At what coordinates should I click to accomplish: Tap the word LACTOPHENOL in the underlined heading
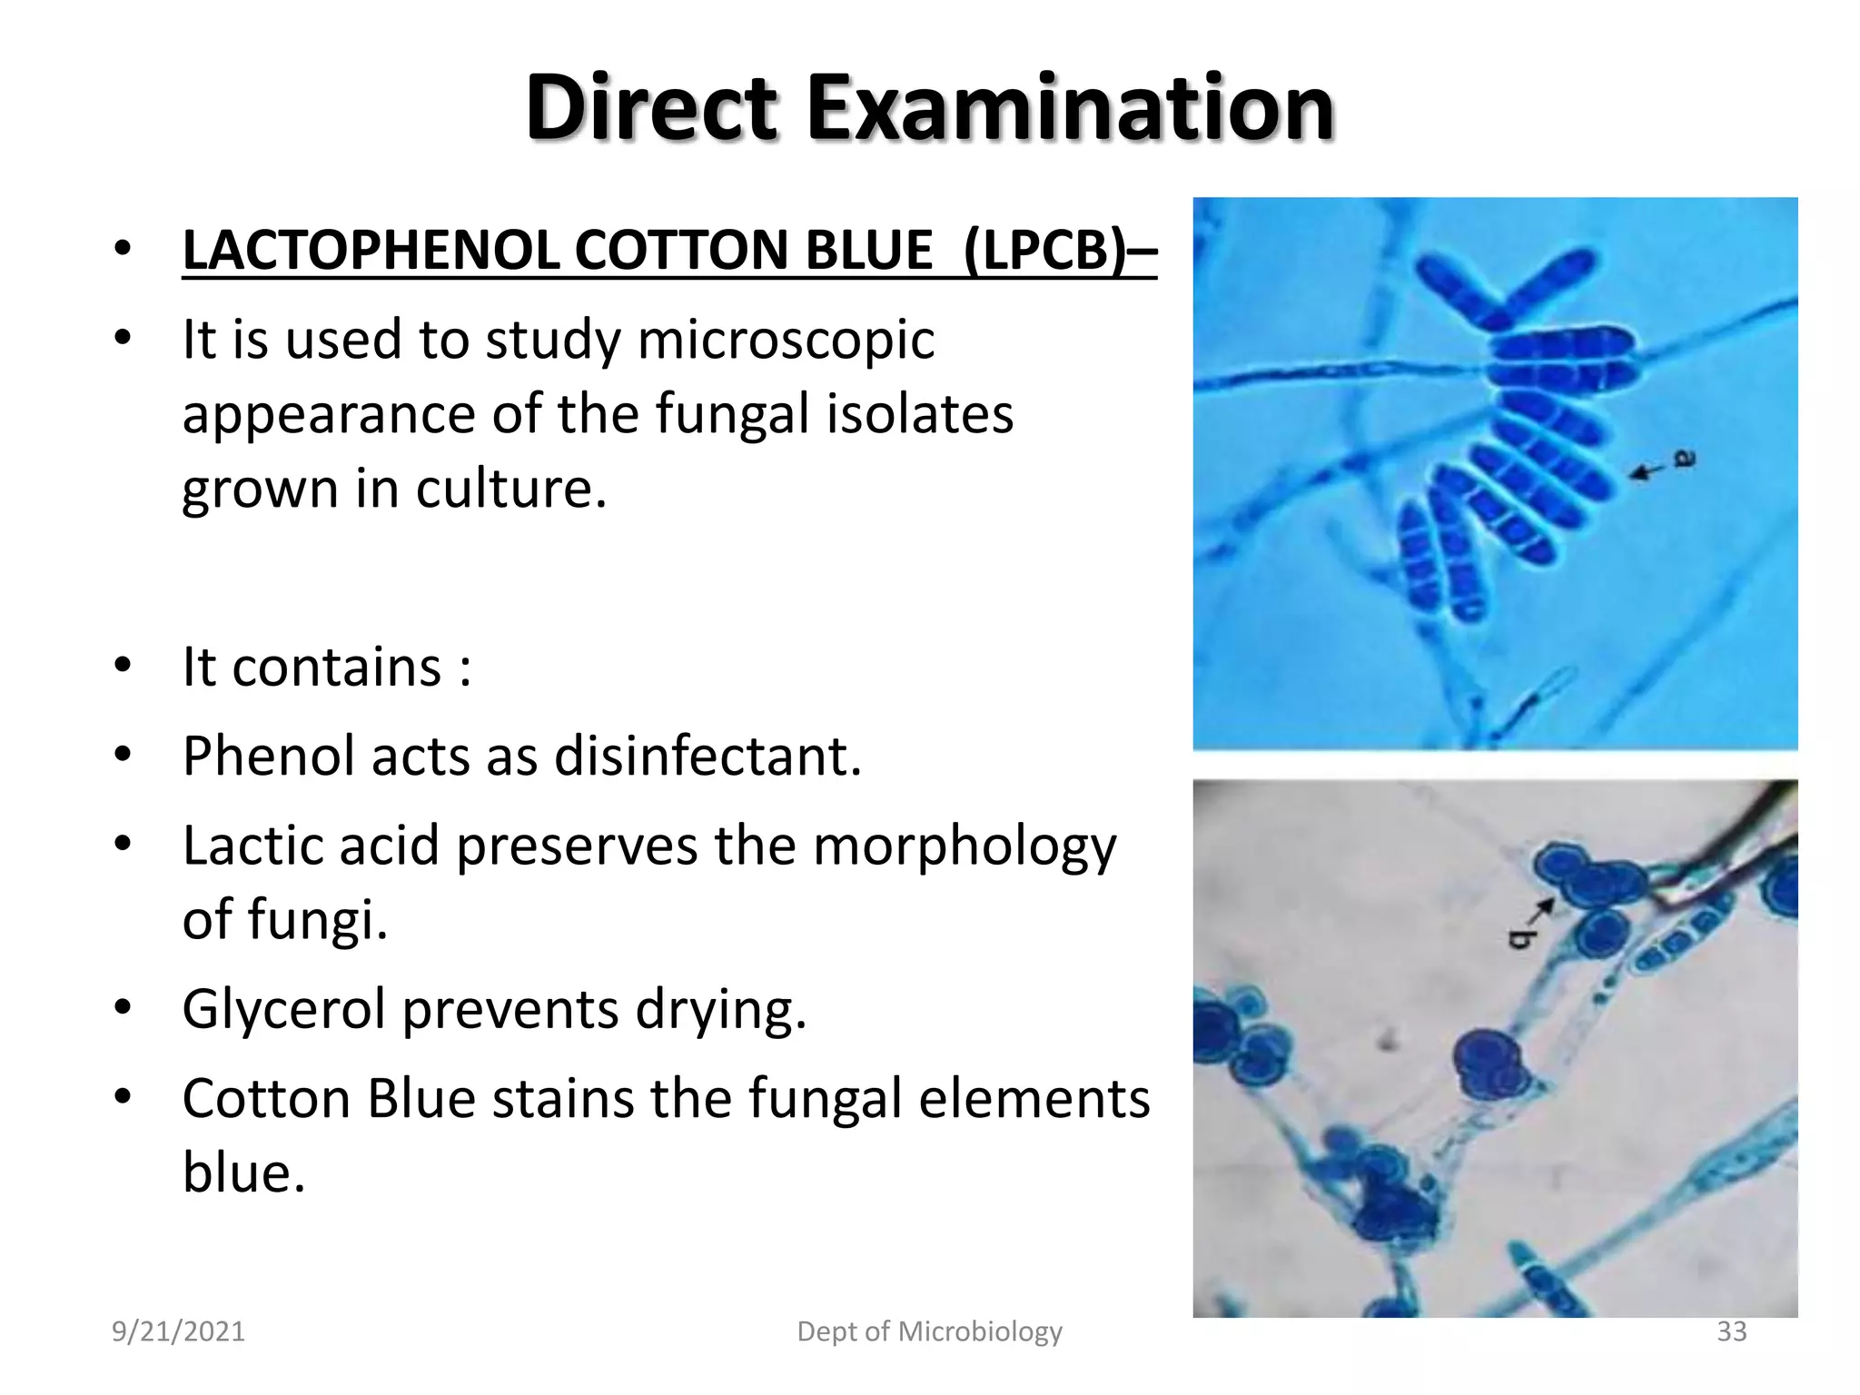tap(371, 250)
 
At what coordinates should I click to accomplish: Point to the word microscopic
tap(786, 341)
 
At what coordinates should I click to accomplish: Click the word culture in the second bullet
tap(510, 489)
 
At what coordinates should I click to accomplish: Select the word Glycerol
tap(284, 1010)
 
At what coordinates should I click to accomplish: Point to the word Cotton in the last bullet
tap(266, 1099)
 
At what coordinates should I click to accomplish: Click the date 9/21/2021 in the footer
tap(178, 1331)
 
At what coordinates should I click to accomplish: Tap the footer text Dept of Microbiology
tap(929, 1331)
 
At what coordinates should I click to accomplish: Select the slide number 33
tap(1731, 1331)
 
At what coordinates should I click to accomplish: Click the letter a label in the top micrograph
tap(1684, 460)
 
